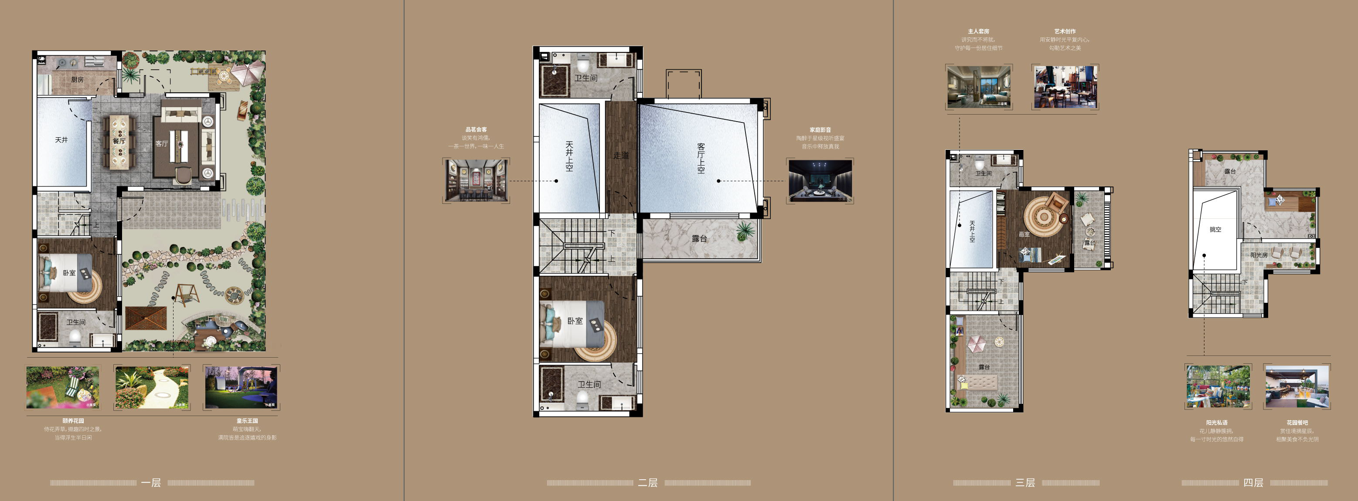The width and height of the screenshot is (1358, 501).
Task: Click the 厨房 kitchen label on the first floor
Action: tap(77, 80)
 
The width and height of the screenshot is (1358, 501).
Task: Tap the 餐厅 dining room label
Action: tap(119, 141)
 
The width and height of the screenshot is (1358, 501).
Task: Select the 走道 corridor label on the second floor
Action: tap(621, 156)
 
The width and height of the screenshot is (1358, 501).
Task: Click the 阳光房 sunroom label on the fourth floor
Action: tap(1259, 255)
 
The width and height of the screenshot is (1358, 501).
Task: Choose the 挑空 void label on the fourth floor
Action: tap(1215, 230)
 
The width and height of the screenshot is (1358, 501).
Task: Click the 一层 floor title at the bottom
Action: tap(151, 483)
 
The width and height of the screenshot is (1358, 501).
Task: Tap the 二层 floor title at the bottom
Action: tap(648, 483)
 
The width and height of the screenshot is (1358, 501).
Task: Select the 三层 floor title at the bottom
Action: tap(1025, 483)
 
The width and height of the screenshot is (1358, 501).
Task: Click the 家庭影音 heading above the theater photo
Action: tap(820, 129)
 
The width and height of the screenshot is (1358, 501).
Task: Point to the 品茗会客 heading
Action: tap(476, 129)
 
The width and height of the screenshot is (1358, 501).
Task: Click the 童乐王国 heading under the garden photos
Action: tap(247, 421)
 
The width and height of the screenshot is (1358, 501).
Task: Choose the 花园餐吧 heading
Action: tap(1297, 423)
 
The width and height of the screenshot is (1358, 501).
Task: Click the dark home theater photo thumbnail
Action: tap(820, 180)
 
